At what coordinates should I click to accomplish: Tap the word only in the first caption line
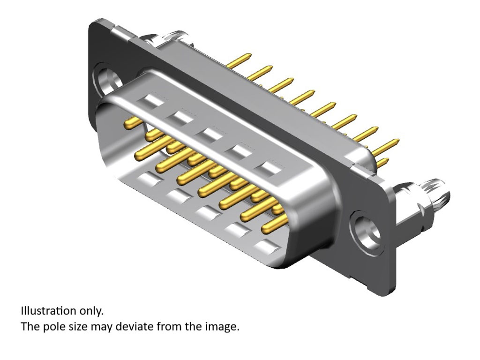pos(91,312)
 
